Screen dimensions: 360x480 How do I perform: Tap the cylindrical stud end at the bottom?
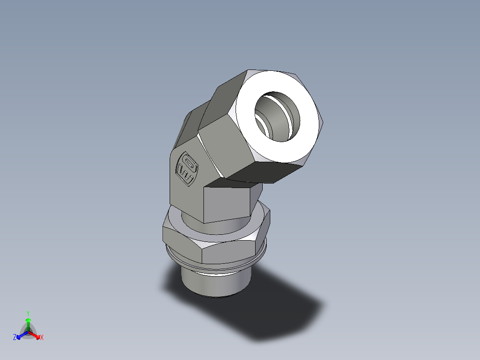216,283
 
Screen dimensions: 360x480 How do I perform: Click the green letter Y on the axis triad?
28,313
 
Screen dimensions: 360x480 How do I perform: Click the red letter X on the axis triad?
42,337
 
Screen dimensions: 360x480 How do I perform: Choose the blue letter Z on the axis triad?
15,337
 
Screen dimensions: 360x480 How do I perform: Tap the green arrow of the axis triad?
28,323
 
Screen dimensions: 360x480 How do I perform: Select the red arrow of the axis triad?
35,335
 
